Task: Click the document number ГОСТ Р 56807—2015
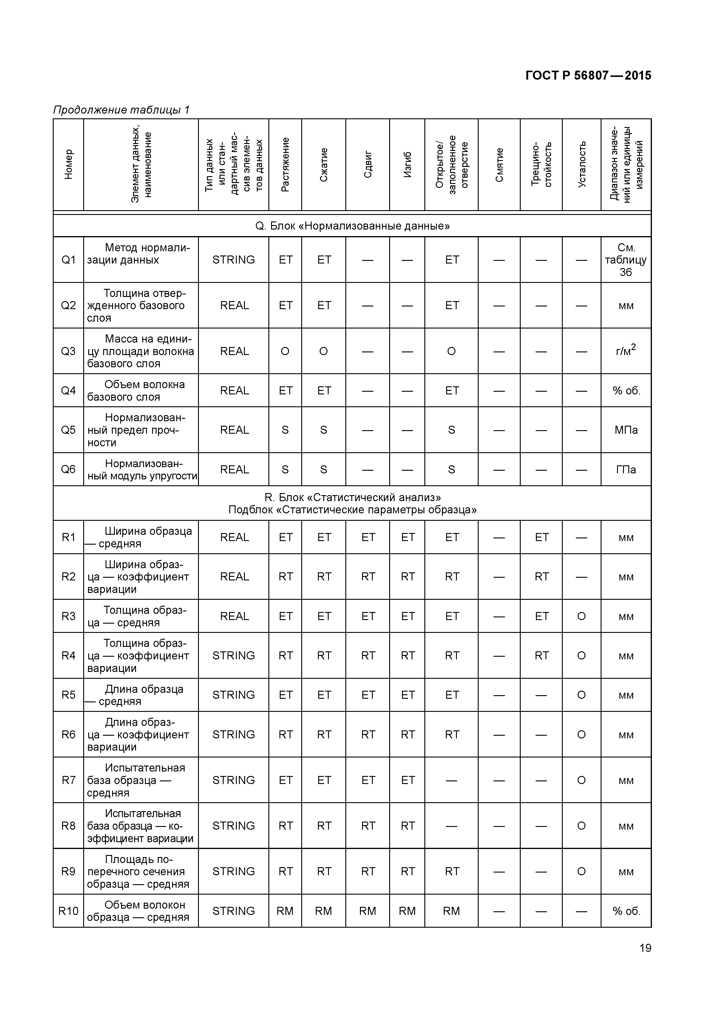click(588, 76)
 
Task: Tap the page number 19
click(644, 948)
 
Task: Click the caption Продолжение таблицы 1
click(121, 110)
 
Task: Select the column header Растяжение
click(285, 165)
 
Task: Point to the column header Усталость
click(582, 165)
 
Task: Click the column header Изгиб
click(407, 165)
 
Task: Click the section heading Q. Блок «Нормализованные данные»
click(352, 226)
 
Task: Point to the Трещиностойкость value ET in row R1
click(541, 537)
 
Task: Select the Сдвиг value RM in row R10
click(367, 911)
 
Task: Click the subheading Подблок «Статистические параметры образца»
click(352, 510)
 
